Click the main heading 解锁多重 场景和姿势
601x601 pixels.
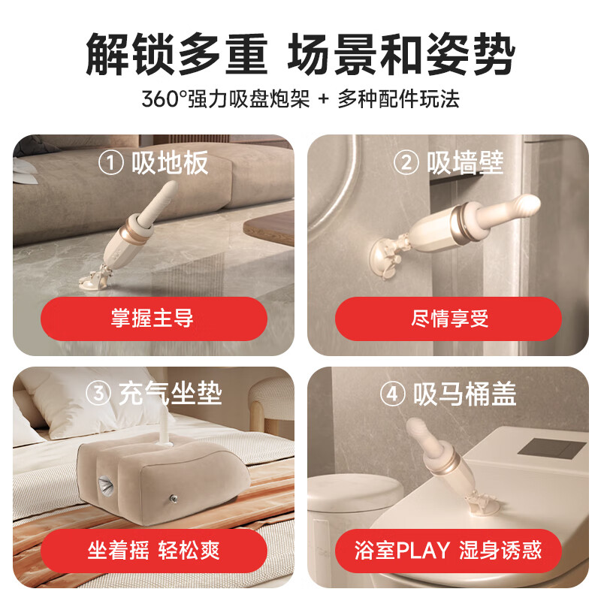pyautogui.click(x=300, y=54)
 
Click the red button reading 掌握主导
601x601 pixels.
pyautogui.click(x=153, y=319)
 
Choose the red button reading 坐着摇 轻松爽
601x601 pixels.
pyautogui.click(x=153, y=551)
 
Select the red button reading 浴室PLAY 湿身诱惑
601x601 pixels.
pyautogui.click(x=448, y=551)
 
